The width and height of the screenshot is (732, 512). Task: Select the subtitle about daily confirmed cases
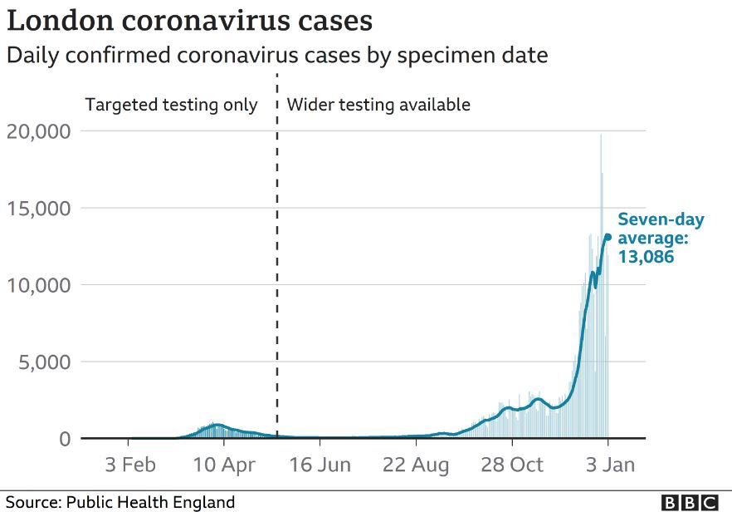coord(276,56)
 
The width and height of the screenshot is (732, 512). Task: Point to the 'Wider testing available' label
coord(378,106)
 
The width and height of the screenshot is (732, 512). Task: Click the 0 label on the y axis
coord(65,439)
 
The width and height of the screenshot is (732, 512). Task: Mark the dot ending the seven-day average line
coord(608,237)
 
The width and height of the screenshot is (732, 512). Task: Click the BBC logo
coord(690,502)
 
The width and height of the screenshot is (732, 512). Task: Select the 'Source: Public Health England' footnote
coord(120,502)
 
